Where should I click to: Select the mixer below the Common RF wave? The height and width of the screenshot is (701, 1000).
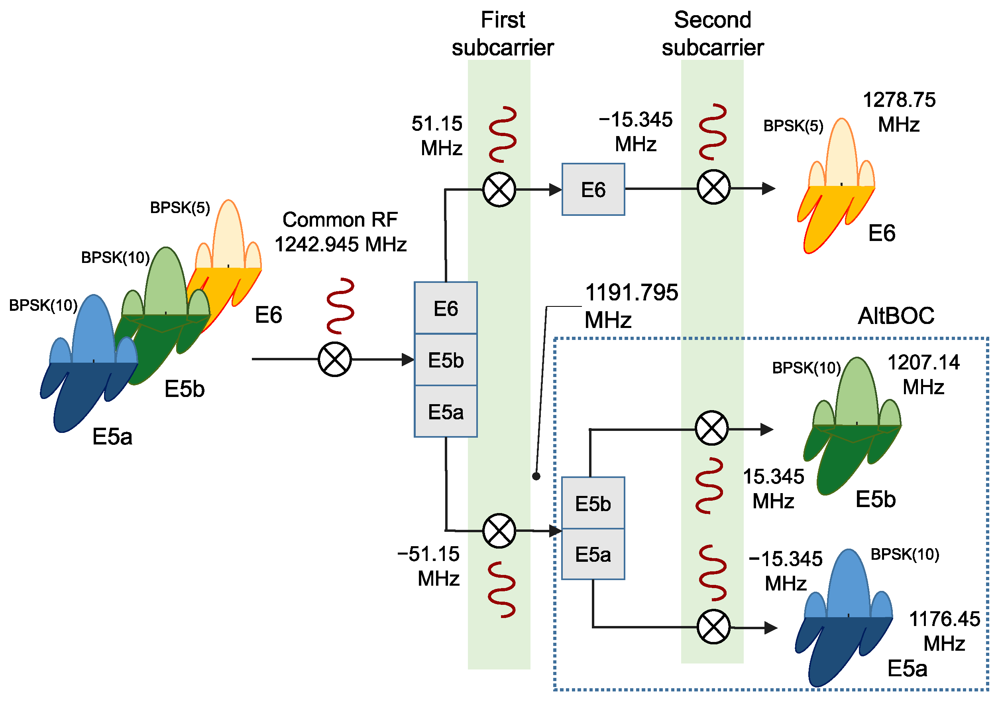coord(334,359)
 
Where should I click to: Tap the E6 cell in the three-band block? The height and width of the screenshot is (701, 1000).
coord(446,308)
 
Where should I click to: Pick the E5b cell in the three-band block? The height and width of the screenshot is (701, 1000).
coord(446,360)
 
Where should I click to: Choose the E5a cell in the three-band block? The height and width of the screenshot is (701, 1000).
coord(446,411)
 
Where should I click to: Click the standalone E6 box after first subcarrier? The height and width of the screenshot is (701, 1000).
coord(593,190)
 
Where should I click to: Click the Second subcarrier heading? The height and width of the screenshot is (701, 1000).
coord(713,34)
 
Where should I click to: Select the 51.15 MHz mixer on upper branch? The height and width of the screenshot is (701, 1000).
coord(499,190)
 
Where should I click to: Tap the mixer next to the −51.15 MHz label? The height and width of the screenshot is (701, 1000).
coord(499,531)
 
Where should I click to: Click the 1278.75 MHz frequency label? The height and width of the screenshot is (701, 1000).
coord(898,113)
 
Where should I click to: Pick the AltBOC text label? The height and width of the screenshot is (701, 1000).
coord(896,316)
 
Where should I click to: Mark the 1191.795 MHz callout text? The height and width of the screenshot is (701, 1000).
coord(631,306)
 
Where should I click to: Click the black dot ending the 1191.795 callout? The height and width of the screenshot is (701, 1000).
coord(536,476)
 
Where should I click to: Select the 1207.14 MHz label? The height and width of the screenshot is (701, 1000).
coord(923,375)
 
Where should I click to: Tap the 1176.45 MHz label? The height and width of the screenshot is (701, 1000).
coord(944,631)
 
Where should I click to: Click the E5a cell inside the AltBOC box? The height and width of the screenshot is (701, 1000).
coord(593,555)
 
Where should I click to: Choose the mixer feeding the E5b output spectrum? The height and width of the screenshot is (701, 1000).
coord(711,428)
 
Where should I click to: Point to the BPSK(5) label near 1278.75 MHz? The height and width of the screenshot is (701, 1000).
coord(793,126)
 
